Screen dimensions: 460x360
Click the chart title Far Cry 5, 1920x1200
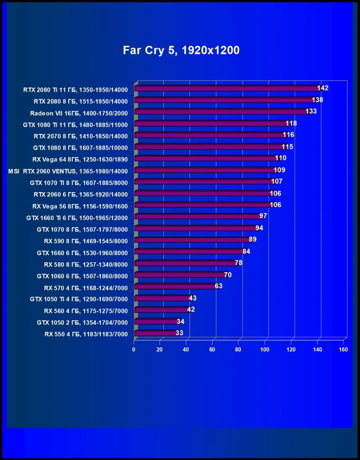coord(181,51)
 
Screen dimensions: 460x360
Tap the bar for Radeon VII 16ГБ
coord(221,112)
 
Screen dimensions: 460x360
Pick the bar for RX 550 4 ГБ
coord(155,333)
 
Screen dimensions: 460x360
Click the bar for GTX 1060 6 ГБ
coord(180,275)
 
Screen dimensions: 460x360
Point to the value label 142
coord(323,88)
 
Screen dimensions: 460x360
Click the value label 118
coord(291,123)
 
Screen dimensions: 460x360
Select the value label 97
coord(263,216)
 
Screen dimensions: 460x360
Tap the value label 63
coord(218,286)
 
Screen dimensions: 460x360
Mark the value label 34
coord(180,321)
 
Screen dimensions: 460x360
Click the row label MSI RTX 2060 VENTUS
coord(68,170)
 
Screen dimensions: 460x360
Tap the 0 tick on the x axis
coord(134,350)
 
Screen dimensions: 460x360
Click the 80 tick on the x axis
coord(239,350)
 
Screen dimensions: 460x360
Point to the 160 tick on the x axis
coord(343,350)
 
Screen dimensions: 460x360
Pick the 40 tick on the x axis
coord(186,350)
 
